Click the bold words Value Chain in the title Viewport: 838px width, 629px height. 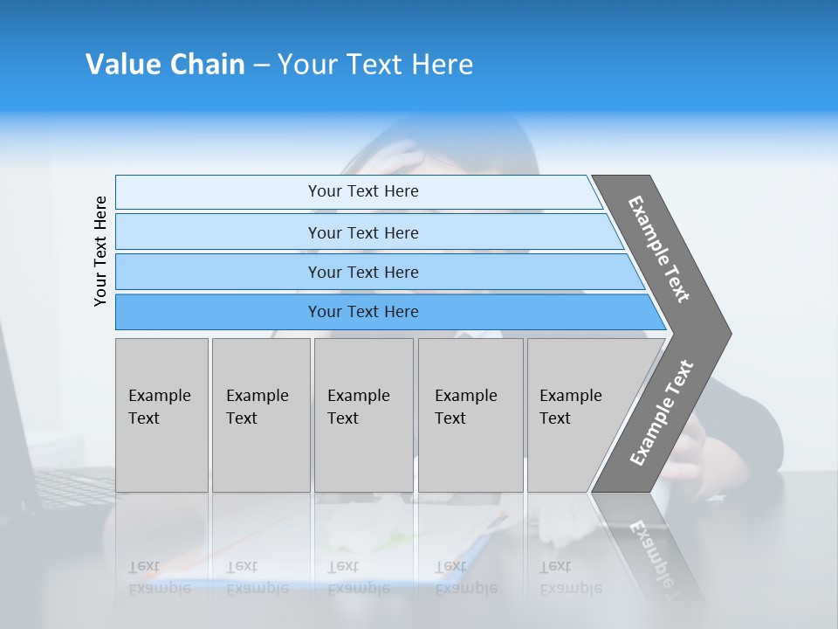[165, 65]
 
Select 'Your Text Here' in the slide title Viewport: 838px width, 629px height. [375, 65]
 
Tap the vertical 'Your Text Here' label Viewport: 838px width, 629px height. [101, 251]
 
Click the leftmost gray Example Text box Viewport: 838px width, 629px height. [161, 415]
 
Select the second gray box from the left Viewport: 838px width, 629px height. [261, 415]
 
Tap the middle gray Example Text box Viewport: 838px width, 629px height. [363, 415]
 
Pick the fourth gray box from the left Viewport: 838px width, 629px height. [471, 415]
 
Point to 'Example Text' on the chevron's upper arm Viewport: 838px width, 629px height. [659, 249]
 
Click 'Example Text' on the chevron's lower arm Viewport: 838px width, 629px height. [661, 413]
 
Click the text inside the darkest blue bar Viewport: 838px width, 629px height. [363, 312]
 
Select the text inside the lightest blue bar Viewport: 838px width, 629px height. [363, 191]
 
